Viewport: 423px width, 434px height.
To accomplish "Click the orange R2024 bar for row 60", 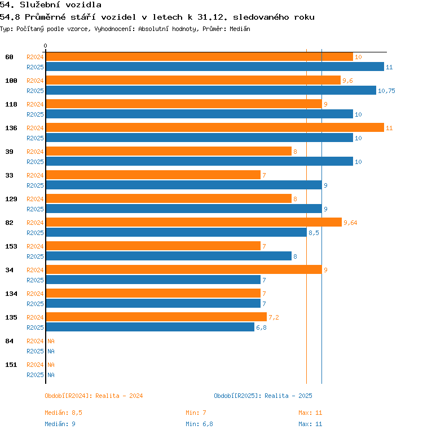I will (x=199, y=57).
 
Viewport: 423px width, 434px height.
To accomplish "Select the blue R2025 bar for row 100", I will (x=210, y=91).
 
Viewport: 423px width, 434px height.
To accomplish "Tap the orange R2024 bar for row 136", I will (x=214, y=128).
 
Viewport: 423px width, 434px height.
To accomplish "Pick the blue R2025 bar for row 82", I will (x=176, y=233).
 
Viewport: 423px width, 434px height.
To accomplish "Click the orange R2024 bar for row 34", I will (x=183, y=270).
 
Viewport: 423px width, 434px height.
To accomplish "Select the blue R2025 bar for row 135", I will (x=150, y=327).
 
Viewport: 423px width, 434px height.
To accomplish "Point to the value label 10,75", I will (x=386, y=91).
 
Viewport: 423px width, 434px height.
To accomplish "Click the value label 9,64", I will (x=350, y=223).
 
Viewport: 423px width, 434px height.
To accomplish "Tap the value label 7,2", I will (x=274, y=317).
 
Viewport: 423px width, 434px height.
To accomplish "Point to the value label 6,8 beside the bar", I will (x=261, y=327).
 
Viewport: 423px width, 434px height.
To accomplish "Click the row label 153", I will (x=11, y=246).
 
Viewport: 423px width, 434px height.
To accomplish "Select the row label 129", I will (x=11, y=199).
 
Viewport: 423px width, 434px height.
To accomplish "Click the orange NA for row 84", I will (x=51, y=341).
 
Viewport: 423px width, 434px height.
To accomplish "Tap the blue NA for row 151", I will (x=51, y=375).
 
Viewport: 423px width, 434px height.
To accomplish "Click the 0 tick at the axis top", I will (x=46, y=46).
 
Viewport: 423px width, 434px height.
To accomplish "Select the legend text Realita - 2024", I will (x=119, y=396).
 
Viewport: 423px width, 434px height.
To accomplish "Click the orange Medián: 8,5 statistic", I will (x=63, y=413).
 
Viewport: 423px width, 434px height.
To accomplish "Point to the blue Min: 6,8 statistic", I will (x=200, y=424).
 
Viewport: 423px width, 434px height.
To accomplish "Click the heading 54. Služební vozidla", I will (x=51, y=5).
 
